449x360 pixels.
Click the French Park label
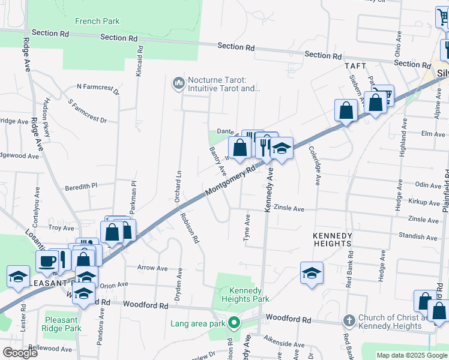pos(97,22)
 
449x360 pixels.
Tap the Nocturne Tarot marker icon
pos(178,83)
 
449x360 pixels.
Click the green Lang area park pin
pos(235,324)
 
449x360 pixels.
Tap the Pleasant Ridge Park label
pos(62,324)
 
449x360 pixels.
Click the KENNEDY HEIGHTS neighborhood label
pos(332,240)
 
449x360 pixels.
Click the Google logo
pos(20,353)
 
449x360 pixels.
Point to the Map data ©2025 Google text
pos(411,355)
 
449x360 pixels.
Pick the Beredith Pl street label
pos(81,187)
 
